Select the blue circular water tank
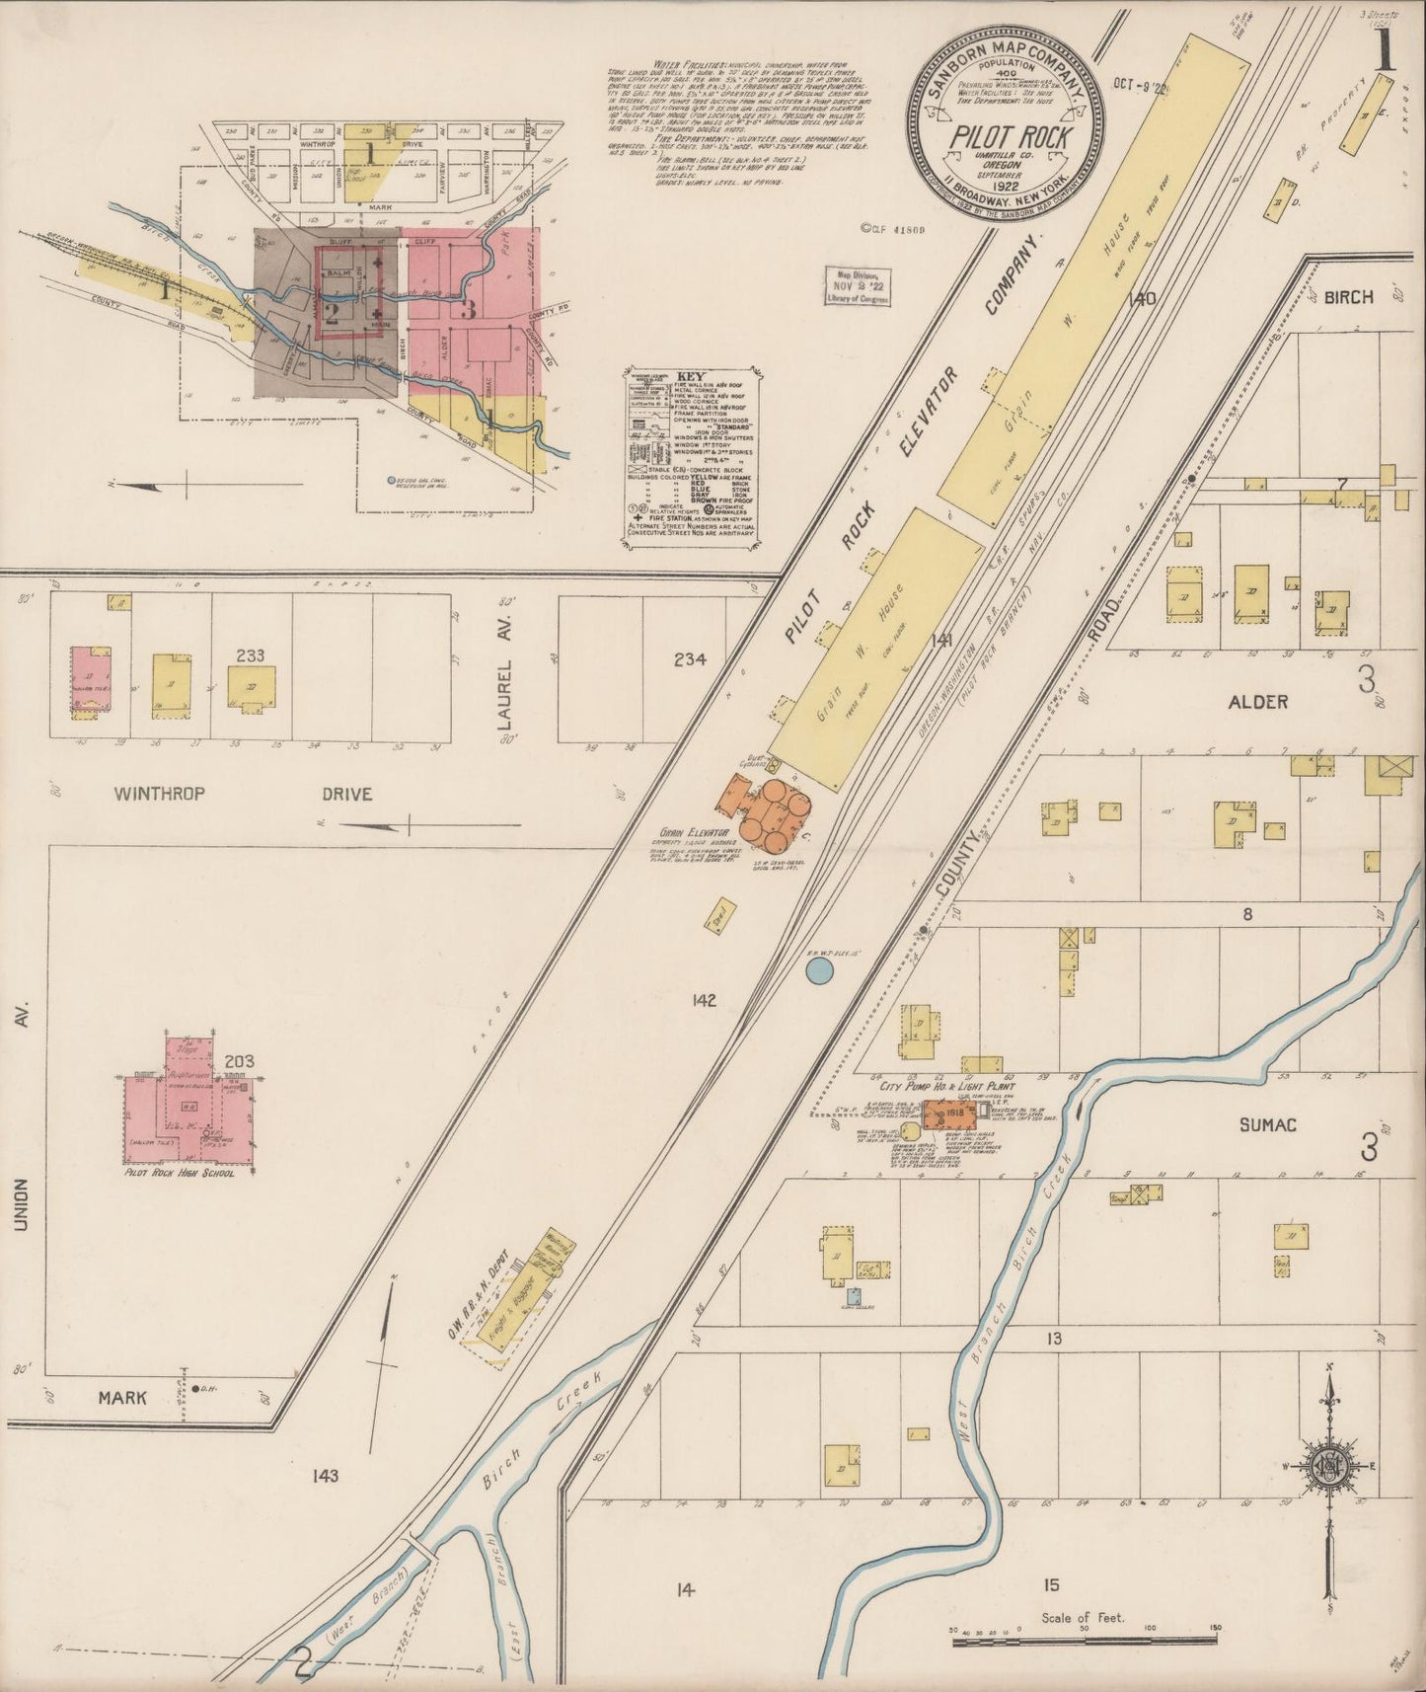818,972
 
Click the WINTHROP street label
159,794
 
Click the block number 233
248,653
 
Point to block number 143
324,1476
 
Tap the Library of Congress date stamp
859,287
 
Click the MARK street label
122,1398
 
